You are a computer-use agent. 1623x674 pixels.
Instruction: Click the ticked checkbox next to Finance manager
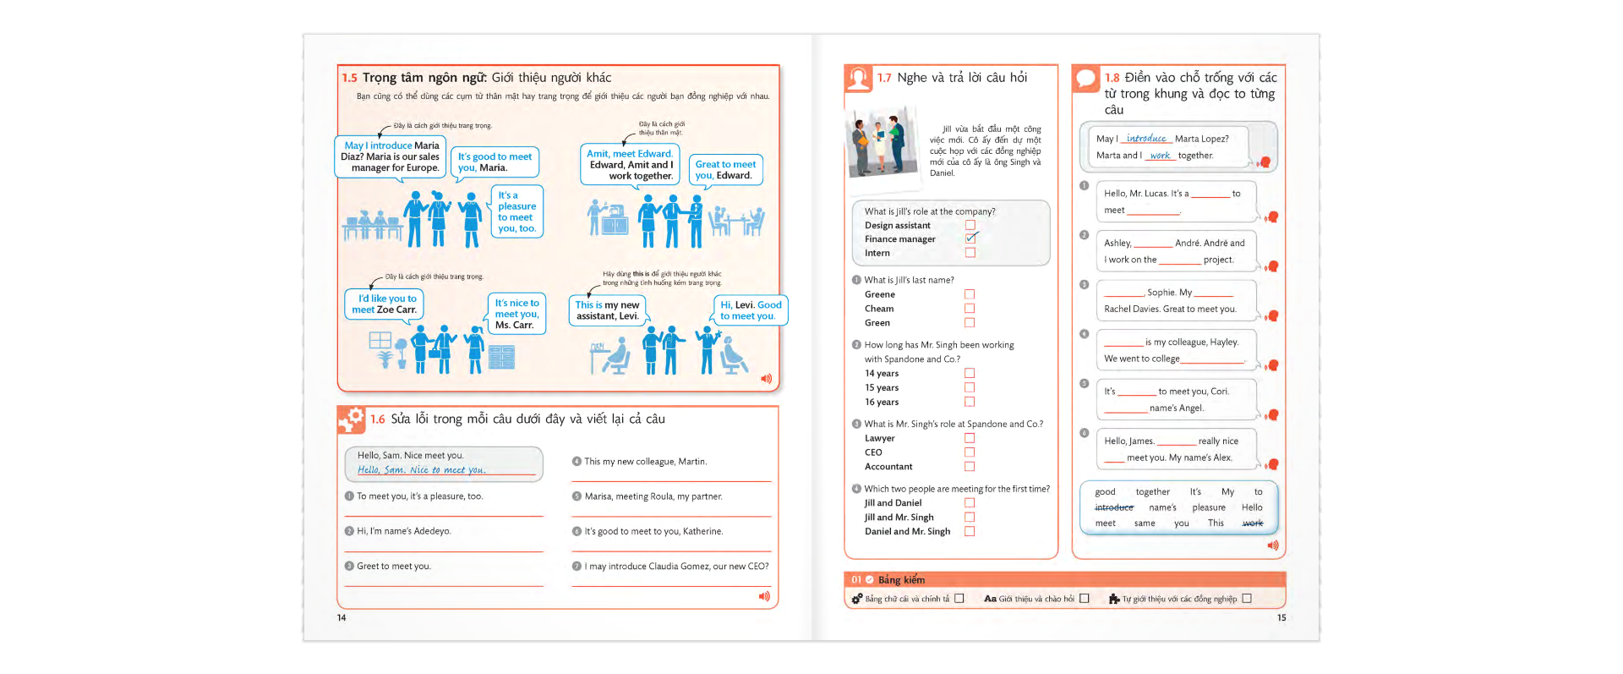tap(970, 238)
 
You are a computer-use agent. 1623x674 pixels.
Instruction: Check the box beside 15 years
tap(970, 387)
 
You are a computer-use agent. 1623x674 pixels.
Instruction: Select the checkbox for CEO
tap(970, 452)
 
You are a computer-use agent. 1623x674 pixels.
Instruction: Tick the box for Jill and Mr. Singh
tap(970, 517)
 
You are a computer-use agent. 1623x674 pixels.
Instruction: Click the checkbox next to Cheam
tap(970, 309)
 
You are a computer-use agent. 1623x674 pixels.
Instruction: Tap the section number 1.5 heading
tap(350, 78)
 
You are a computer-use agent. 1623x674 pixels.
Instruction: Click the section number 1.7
tap(884, 78)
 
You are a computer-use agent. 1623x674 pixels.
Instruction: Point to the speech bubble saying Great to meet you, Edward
tap(725, 170)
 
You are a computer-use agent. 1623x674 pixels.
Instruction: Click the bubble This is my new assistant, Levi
tap(607, 310)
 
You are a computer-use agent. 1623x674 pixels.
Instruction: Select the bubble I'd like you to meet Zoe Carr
tap(385, 304)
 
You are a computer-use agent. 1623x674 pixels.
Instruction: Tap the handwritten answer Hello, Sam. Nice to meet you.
tap(421, 470)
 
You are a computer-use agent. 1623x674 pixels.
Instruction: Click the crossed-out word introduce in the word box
tap(1114, 507)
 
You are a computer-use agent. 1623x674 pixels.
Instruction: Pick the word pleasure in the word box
tap(1209, 507)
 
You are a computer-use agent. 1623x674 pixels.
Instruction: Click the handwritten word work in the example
tap(1161, 156)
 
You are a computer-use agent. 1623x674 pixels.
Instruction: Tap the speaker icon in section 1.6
tap(764, 596)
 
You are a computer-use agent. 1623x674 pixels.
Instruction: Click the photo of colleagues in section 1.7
tap(882, 142)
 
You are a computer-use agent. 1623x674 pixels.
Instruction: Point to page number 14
tap(342, 618)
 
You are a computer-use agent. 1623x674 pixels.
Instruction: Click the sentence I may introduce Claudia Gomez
tap(676, 567)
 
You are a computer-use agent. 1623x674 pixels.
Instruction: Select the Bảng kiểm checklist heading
tap(901, 579)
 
